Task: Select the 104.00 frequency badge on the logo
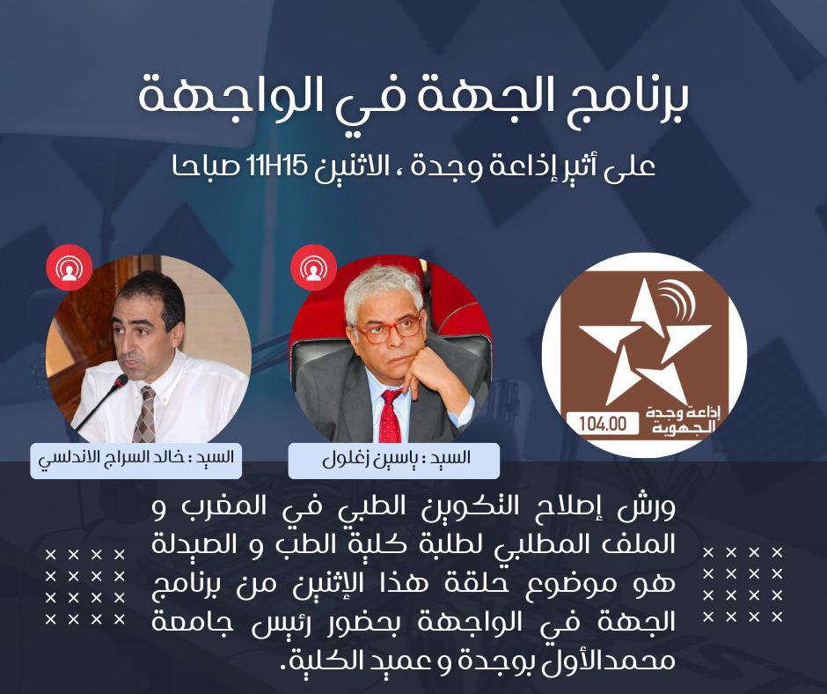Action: pyautogui.click(x=604, y=424)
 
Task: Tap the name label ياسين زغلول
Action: pyautogui.click(x=394, y=459)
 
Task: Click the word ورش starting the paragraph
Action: pyautogui.click(x=648, y=509)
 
